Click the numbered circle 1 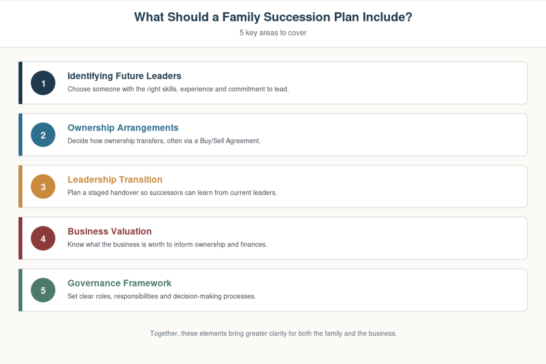pyautogui.click(x=43, y=83)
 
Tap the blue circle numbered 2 pyautogui.click(x=43, y=135)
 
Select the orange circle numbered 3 pyautogui.click(x=43, y=187)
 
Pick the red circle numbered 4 pyautogui.click(x=43, y=238)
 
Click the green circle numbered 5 pyautogui.click(x=43, y=290)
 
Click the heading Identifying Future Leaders pyautogui.click(x=124, y=76)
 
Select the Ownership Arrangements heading pyautogui.click(x=123, y=128)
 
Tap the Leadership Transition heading pyautogui.click(x=115, y=179)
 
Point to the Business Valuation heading pyautogui.click(x=110, y=232)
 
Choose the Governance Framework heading pyautogui.click(x=119, y=283)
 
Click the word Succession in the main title pyautogui.click(x=297, y=17)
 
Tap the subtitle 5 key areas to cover pyautogui.click(x=273, y=33)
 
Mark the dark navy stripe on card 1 pyautogui.click(x=20, y=83)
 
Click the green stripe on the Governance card pyautogui.click(x=20, y=290)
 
